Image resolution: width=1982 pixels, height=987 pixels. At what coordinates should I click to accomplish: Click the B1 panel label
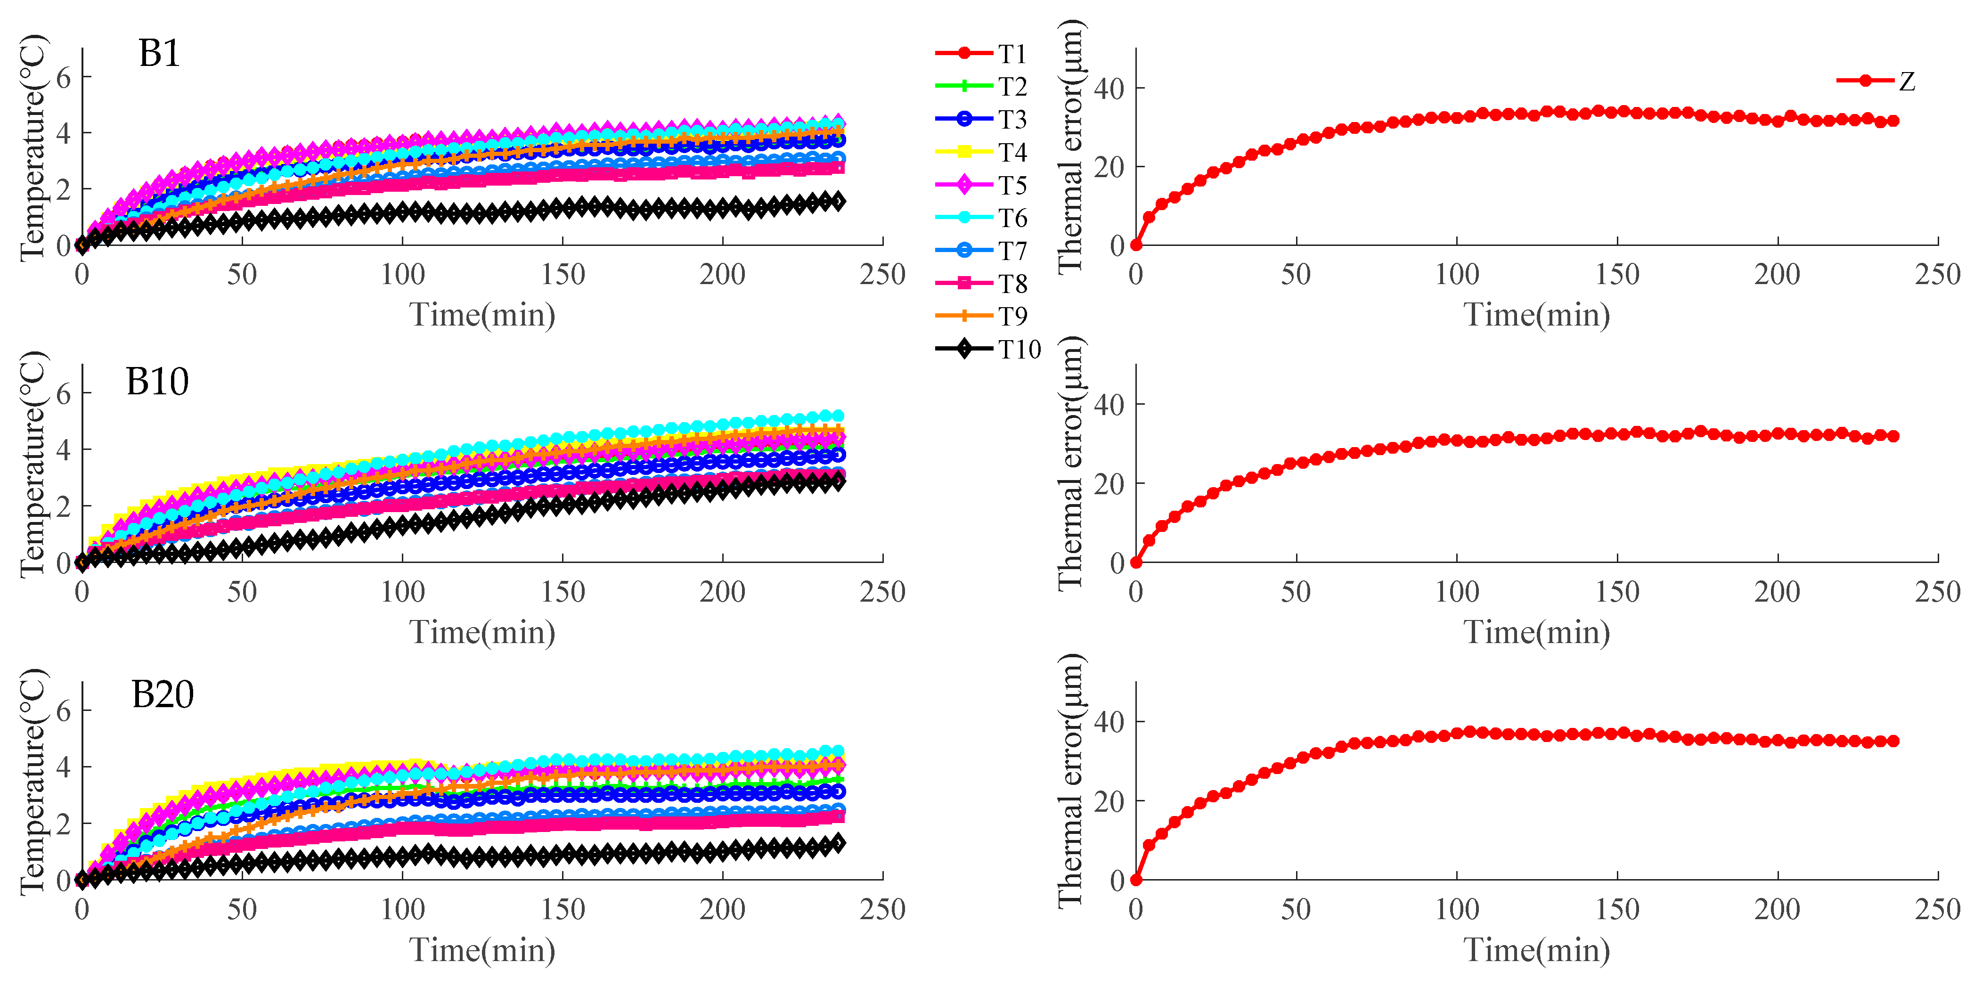click(159, 54)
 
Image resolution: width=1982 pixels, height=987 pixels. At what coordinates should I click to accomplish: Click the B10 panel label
click(157, 382)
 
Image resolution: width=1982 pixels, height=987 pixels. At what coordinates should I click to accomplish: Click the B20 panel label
click(163, 695)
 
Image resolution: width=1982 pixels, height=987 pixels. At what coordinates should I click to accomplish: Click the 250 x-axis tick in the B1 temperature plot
click(882, 275)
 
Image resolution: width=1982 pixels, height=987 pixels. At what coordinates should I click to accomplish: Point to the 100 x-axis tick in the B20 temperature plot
click(402, 910)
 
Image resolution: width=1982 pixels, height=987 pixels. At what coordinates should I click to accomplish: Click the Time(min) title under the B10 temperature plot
click(482, 632)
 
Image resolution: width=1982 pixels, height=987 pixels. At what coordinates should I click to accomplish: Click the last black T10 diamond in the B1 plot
click(838, 202)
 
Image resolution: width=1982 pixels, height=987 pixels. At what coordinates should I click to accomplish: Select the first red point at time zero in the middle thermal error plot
click(1136, 563)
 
